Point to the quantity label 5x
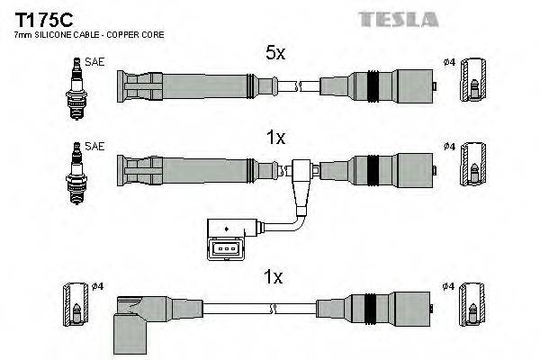point(274,54)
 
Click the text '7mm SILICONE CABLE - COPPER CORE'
point(76,35)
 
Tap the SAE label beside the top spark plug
point(93,62)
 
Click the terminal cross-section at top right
point(472,87)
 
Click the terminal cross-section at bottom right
point(472,307)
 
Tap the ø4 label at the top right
point(449,62)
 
